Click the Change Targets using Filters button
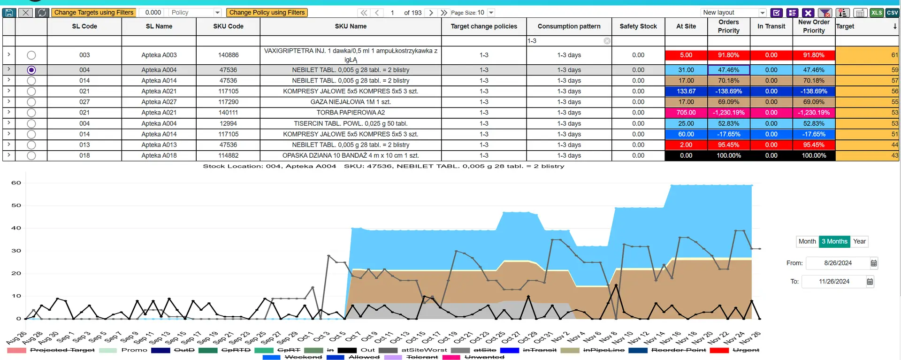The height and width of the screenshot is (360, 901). pos(94,13)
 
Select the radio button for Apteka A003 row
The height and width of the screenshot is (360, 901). pos(31,55)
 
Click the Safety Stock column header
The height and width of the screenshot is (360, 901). pos(638,26)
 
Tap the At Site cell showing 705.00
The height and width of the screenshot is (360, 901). pos(686,113)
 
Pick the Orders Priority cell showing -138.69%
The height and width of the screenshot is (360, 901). pos(729,92)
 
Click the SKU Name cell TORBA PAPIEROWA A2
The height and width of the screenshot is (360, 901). pos(351,113)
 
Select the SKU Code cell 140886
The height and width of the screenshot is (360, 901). pos(229,55)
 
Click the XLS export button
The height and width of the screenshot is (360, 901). pos(877,13)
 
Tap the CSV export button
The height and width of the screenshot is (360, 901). pos(892,13)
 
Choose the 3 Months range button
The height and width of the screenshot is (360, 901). pos(834,241)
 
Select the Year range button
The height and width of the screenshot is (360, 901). pos(859,241)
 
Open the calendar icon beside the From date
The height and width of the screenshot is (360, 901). pos(874,263)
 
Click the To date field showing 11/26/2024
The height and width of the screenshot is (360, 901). pos(834,282)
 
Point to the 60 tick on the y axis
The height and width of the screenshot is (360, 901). pos(16,183)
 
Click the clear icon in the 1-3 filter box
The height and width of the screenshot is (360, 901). pos(607,41)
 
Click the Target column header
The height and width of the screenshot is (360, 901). pos(845,26)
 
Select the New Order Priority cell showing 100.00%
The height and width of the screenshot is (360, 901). pos(814,156)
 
